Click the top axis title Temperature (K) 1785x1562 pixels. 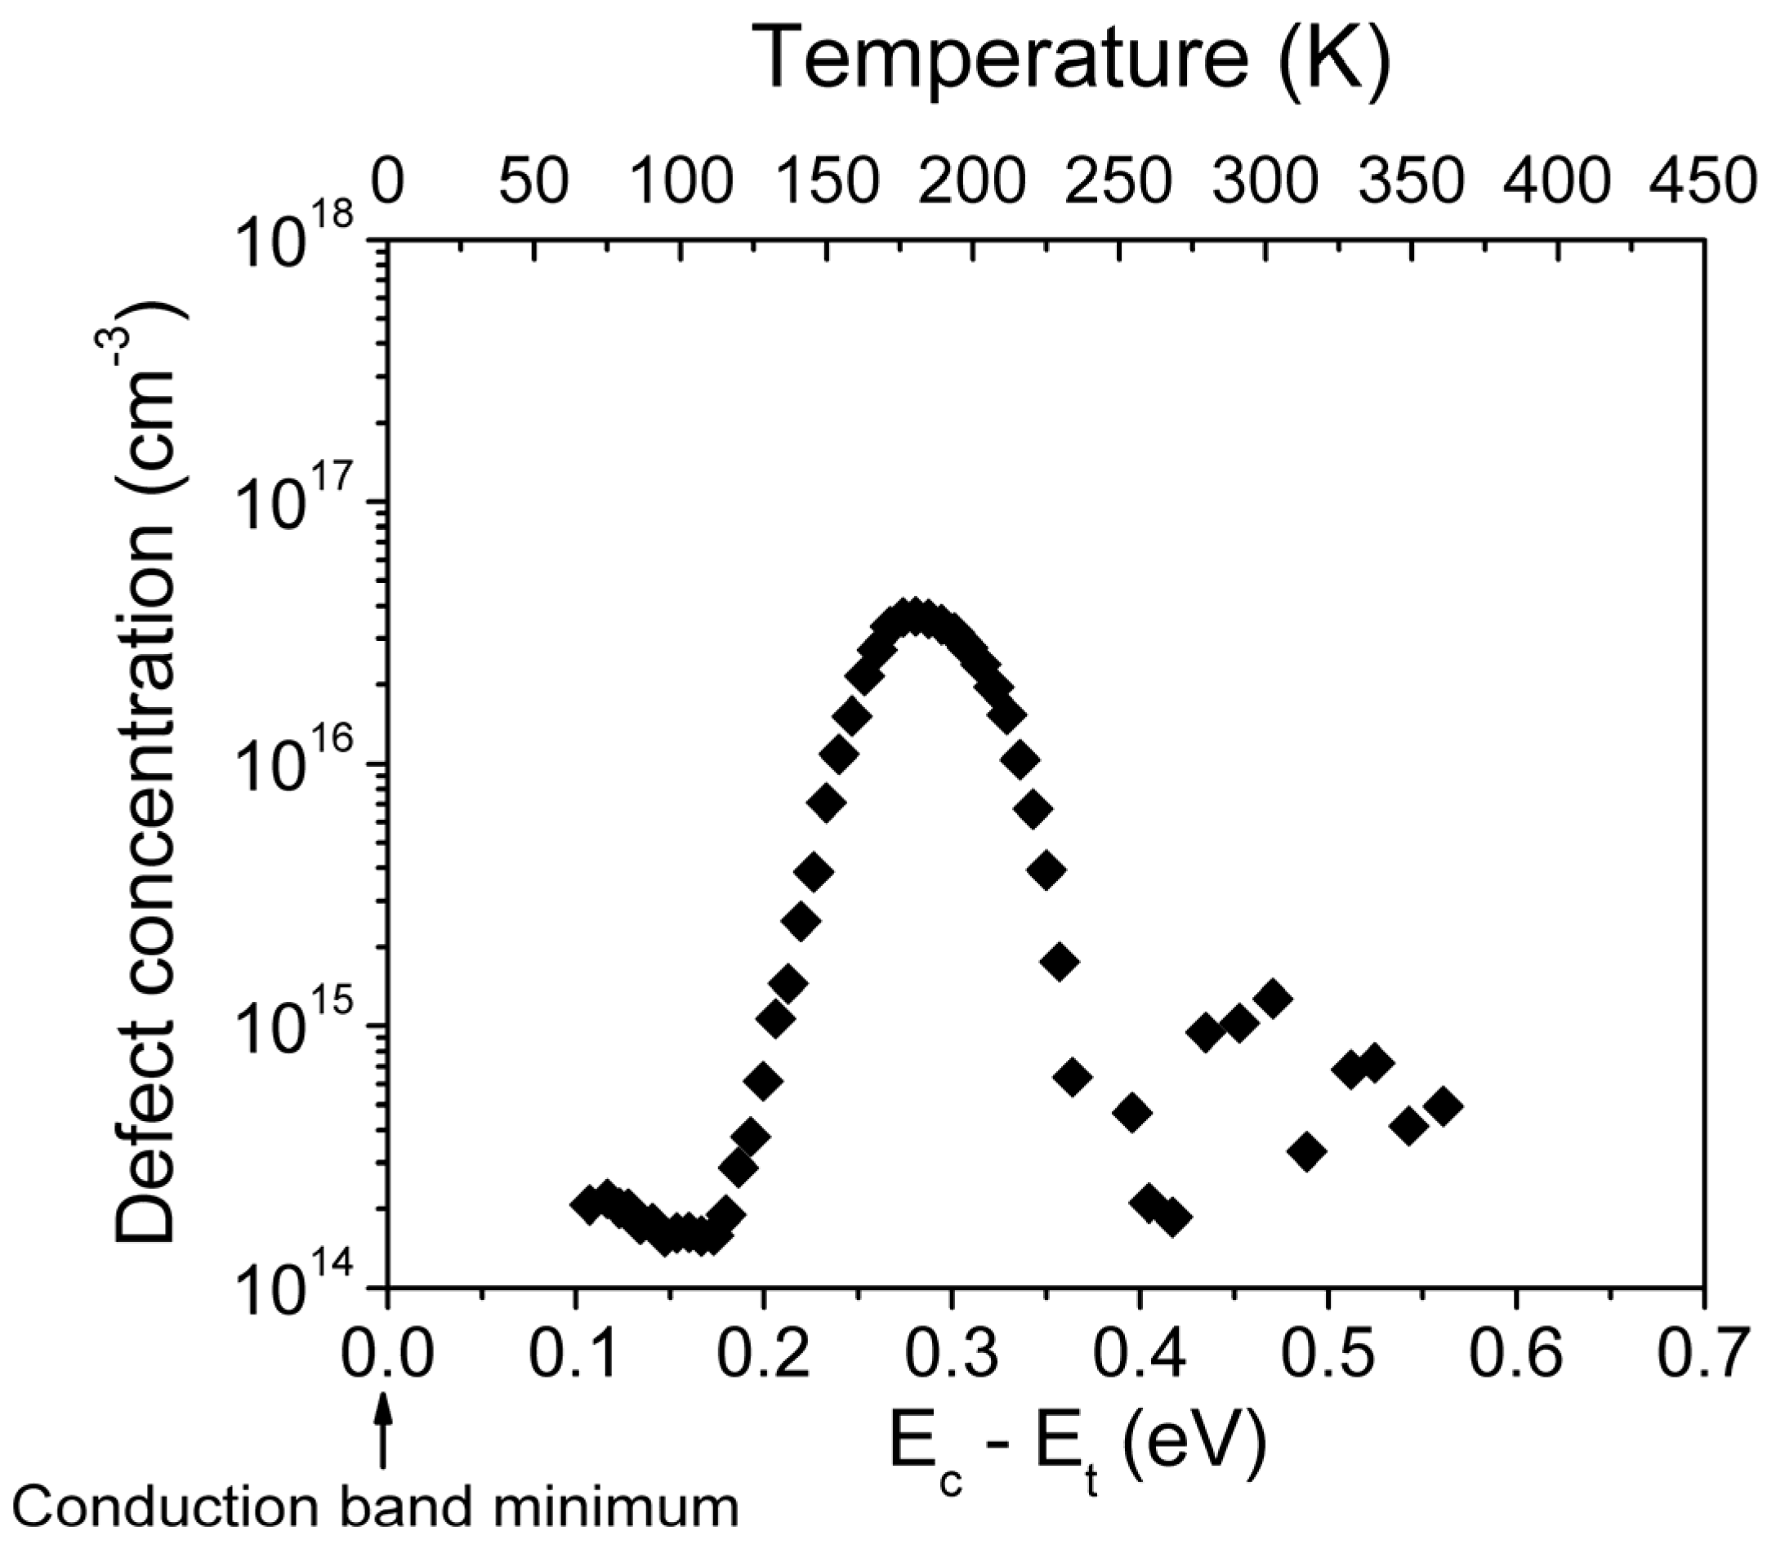(1075, 60)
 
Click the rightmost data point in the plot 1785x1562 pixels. (1443, 1106)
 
